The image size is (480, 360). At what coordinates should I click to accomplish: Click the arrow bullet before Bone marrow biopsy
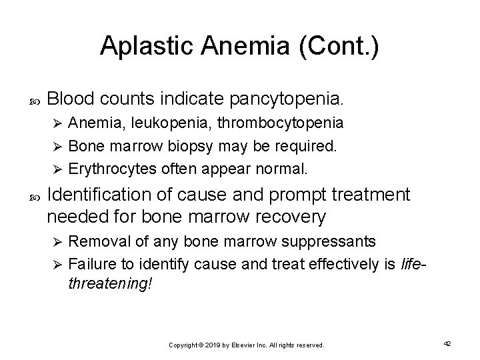click(57, 146)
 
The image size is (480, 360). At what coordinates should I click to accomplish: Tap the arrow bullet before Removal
click(57, 240)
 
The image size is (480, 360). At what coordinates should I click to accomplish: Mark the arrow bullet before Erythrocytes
click(57, 169)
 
